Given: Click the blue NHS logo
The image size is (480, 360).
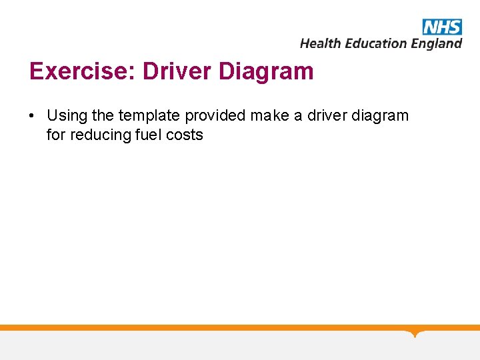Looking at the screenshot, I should point(441,27).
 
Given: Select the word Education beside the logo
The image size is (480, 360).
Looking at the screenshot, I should point(373,43).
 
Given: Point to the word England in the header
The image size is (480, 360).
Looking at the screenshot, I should point(436,43).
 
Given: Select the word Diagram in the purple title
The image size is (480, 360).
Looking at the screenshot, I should point(265,71).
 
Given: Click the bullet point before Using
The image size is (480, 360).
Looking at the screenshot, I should point(32,116).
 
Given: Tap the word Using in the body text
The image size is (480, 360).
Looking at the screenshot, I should point(67,116).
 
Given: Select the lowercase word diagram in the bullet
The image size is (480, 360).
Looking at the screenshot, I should point(379,116).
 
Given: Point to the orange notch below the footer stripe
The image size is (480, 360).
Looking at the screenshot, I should point(415,333).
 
